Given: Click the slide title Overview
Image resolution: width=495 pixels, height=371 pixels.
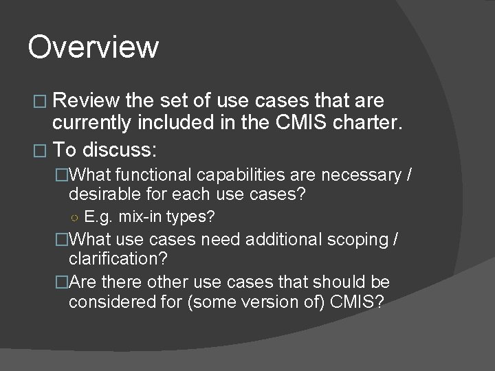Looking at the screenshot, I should point(93,47).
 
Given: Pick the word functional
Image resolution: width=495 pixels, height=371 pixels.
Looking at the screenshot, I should point(155,175).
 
